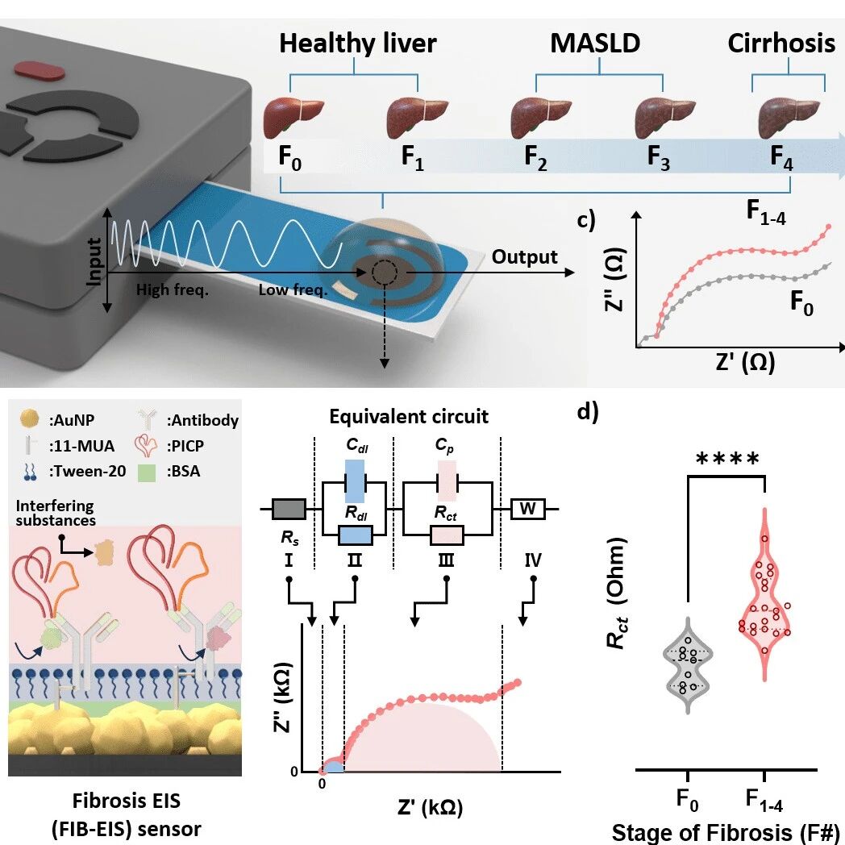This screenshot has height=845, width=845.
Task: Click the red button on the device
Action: point(40,71)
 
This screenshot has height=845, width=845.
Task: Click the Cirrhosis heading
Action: point(780,44)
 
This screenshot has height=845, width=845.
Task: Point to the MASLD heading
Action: point(595,44)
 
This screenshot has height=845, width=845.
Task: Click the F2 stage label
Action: point(535,158)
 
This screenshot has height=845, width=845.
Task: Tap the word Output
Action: point(524,257)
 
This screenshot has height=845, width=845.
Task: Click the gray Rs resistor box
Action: point(289,509)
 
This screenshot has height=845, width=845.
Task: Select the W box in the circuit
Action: point(527,509)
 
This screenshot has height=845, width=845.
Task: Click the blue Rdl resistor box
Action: point(355,535)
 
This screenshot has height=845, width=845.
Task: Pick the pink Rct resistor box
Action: point(446,535)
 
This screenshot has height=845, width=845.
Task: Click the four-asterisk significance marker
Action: point(727,460)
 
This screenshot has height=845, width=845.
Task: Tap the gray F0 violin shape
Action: point(688,666)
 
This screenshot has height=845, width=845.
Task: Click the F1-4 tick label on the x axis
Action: point(764,800)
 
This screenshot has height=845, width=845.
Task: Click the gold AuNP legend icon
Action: point(29,418)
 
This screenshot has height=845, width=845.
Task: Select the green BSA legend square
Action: point(147,472)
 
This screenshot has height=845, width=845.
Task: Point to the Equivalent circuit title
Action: point(409,417)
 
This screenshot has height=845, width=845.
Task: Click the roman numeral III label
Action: point(446,560)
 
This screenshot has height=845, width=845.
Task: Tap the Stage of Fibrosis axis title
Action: point(726,832)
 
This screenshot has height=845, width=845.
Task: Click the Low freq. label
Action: point(293,290)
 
